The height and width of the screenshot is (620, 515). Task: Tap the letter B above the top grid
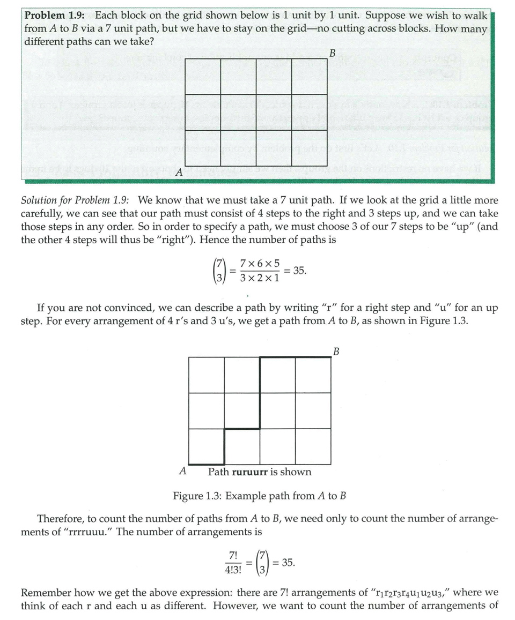(x=332, y=53)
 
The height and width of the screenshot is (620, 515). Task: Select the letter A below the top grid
(x=179, y=173)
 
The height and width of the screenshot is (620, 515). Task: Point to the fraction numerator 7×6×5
(x=260, y=264)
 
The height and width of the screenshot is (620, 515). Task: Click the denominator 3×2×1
(x=260, y=279)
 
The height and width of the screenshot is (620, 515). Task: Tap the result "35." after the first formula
(x=300, y=271)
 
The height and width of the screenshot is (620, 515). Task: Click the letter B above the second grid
(x=336, y=352)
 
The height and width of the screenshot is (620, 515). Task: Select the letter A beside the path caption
(x=182, y=472)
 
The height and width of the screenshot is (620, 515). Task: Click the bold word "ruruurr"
(x=250, y=472)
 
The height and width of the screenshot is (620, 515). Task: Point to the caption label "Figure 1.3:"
(x=197, y=496)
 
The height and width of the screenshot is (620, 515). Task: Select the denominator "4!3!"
(x=233, y=570)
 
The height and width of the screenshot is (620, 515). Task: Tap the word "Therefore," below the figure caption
(x=60, y=519)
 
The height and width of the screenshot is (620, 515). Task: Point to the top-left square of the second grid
(x=207, y=375)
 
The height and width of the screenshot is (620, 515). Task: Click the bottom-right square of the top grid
(x=310, y=148)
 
